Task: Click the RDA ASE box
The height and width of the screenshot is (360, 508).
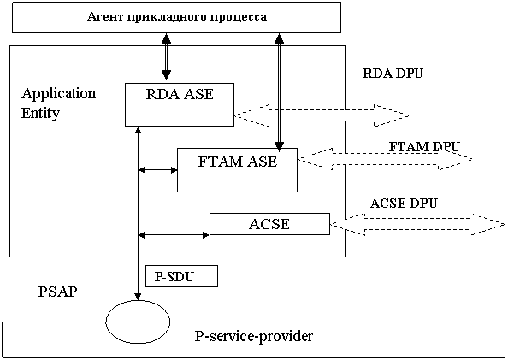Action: (180, 104)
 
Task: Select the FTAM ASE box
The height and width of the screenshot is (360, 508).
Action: (237, 170)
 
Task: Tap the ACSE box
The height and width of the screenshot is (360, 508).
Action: (269, 224)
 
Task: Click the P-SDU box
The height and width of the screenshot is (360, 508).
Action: (181, 276)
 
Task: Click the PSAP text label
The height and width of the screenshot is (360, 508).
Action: (57, 292)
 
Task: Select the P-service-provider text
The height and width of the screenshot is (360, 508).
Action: (254, 337)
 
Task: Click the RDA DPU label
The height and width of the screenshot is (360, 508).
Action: (393, 74)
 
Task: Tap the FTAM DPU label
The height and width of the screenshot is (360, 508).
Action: (424, 147)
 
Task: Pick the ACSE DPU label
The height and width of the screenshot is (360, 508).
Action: (404, 204)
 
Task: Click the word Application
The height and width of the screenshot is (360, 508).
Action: (59, 94)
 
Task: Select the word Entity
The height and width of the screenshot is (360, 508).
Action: (40, 114)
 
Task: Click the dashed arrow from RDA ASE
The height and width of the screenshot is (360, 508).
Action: (322, 115)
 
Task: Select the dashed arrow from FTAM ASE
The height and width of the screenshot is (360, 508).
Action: (385, 159)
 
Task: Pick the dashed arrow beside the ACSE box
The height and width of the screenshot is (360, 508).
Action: (417, 224)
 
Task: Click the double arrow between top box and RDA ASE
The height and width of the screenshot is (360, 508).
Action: (166, 56)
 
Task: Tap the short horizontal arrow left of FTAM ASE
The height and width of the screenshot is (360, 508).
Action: (157, 169)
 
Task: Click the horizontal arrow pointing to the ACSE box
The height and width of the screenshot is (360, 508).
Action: (174, 234)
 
